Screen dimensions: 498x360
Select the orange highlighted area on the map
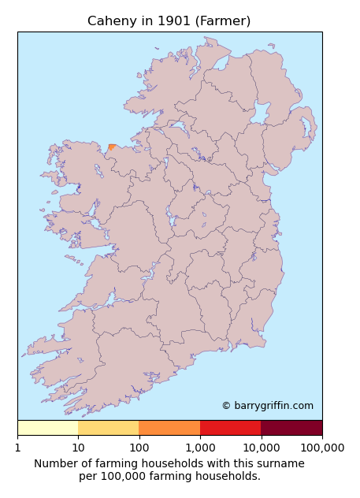[112, 147]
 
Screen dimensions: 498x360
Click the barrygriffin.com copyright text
[267, 406]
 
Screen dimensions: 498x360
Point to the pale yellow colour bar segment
[47, 428]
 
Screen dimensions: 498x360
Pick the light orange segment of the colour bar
[108, 428]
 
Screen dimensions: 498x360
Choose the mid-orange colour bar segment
[169, 428]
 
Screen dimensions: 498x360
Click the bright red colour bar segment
[230, 428]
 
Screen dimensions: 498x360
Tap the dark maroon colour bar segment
[291, 428]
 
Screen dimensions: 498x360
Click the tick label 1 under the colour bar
[17, 448]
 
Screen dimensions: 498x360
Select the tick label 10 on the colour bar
[78, 448]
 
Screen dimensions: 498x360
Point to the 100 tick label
[139, 448]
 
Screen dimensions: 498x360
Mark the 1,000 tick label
[200, 448]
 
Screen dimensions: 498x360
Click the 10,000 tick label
[261, 448]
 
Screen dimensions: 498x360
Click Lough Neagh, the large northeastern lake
[258, 115]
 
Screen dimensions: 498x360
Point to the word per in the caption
[88, 477]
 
